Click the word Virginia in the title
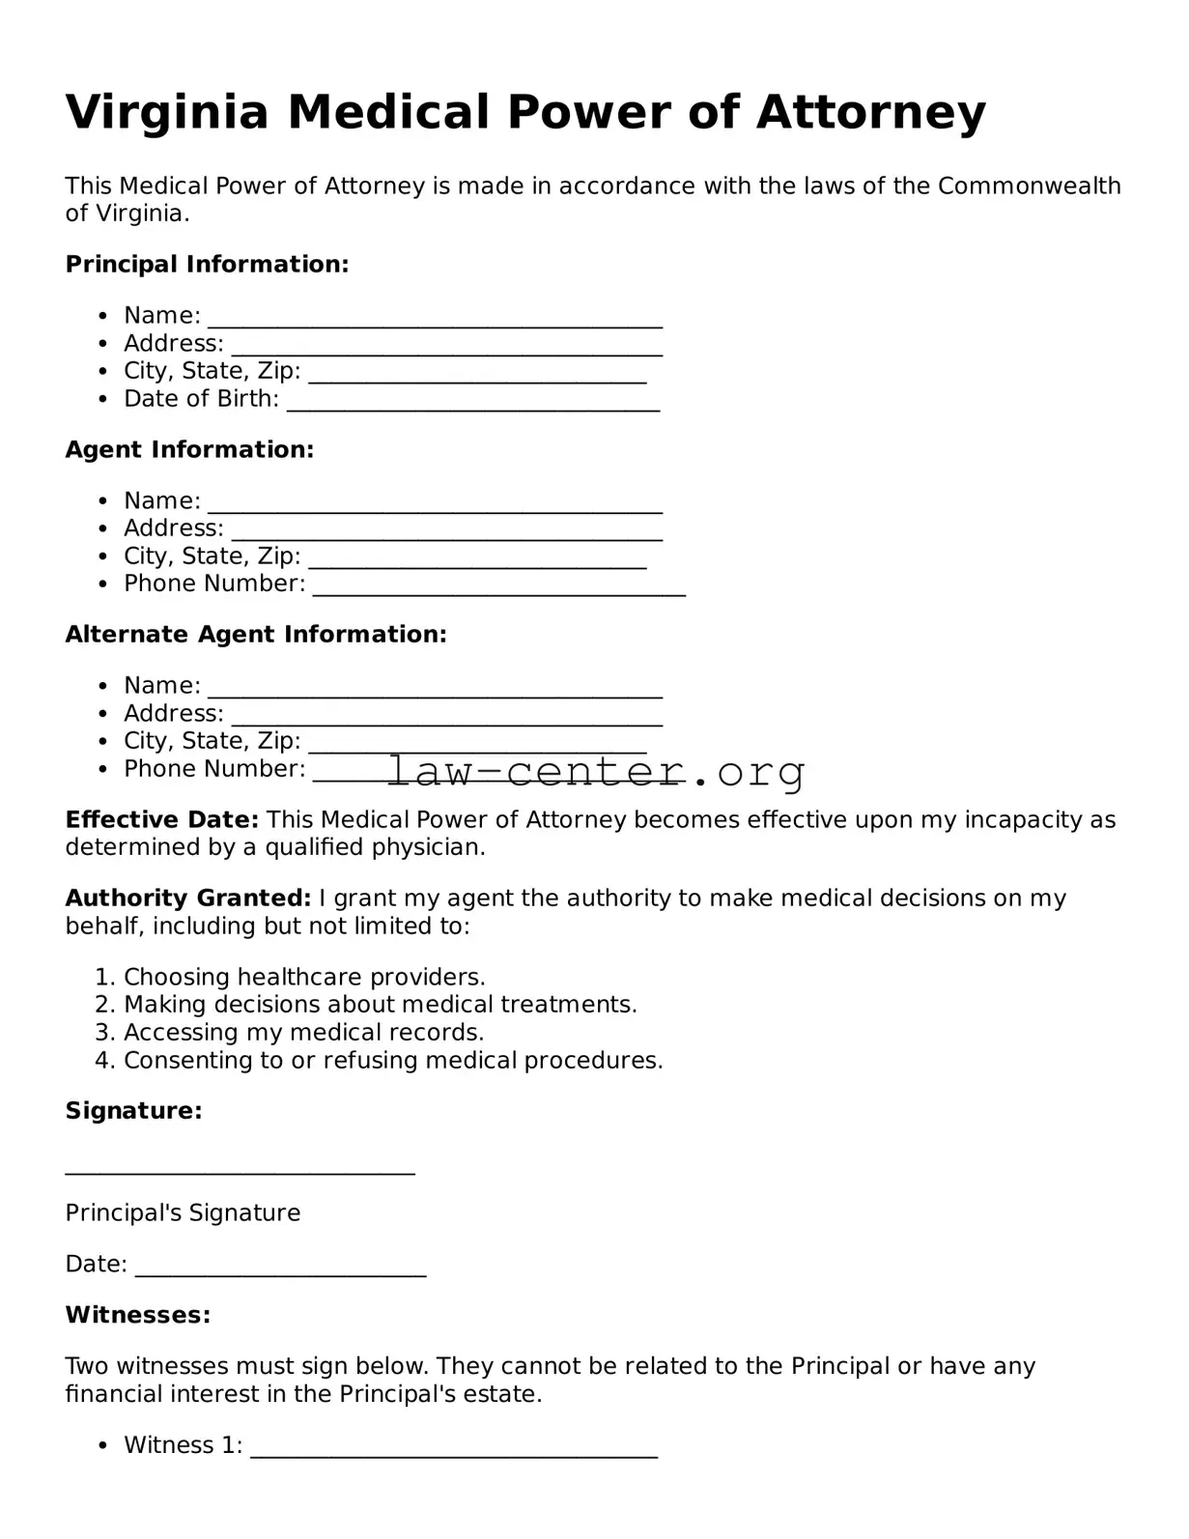pos(167,113)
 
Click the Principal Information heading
pos(207,265)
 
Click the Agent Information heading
pos(189,450)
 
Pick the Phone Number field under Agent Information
pos(498,587)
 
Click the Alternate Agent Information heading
pos(256,635)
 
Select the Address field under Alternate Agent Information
pos(446,717)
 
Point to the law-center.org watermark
pos(596,771)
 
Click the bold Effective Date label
pos(161,820)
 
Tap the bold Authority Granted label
pos(187,898)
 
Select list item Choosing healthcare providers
pos(304,977)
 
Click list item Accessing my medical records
pos(303,1033)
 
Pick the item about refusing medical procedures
pos(393,1061)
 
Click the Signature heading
pos(133,1111)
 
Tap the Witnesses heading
pos(137,1315)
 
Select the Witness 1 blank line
pos(454,1449)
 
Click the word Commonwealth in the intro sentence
pos(1029,186)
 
